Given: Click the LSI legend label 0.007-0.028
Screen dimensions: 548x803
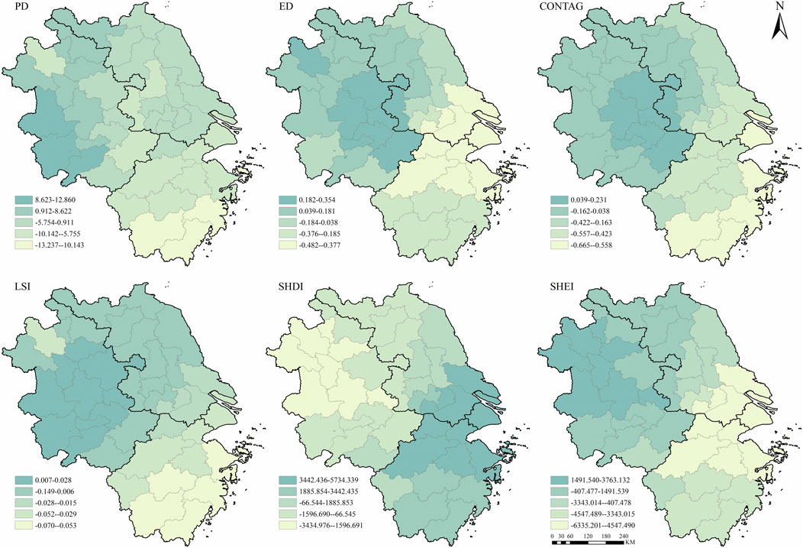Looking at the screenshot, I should pyautogui.click(x=55, y=479).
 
